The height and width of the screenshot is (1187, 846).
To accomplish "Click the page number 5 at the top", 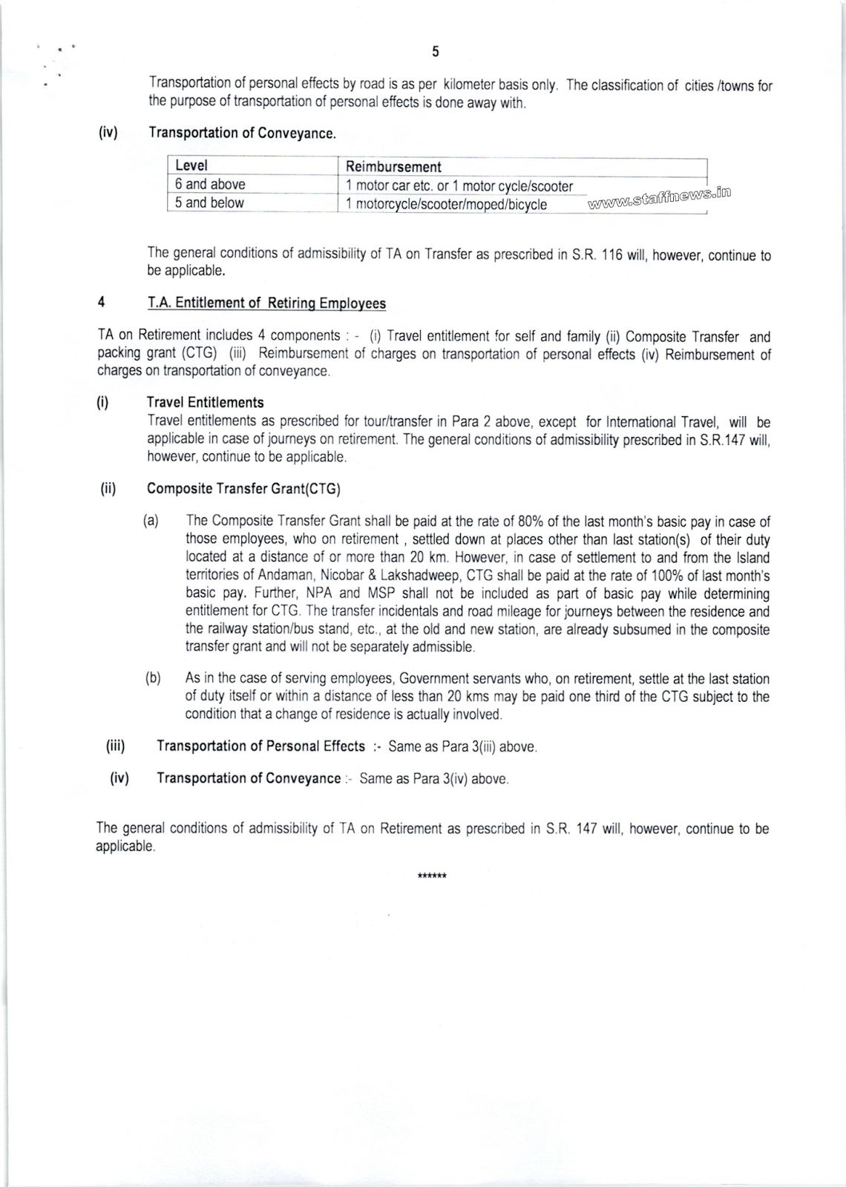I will (x=436, y=51).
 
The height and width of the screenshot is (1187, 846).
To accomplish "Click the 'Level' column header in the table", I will (x=191, y=166).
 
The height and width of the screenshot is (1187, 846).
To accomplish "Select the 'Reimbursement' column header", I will (x=393, y=167).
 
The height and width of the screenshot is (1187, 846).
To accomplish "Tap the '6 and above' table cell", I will (x=210, y=185).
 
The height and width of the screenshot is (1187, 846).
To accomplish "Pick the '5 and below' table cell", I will (x=209, y=203).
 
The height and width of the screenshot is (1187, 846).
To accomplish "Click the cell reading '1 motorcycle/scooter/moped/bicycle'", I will (x=446, y=204).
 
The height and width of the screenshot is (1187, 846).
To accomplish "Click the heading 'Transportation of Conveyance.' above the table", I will (x=243, y=134).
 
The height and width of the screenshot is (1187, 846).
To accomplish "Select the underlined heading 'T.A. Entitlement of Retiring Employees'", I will (x=267, y=303).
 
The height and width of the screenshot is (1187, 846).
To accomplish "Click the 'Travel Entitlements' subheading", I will (x=206, y=403).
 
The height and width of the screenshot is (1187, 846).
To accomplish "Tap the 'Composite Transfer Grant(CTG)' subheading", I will (x=243, y=489).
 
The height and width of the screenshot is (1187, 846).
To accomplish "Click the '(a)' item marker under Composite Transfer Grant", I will (x=151, y=521).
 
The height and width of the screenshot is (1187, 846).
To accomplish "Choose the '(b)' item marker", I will (x=153, y=679).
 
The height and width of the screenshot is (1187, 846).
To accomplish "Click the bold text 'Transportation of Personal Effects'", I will (x=260, y=746).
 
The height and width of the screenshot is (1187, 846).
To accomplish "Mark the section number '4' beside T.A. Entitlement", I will (x=101, y=303).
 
